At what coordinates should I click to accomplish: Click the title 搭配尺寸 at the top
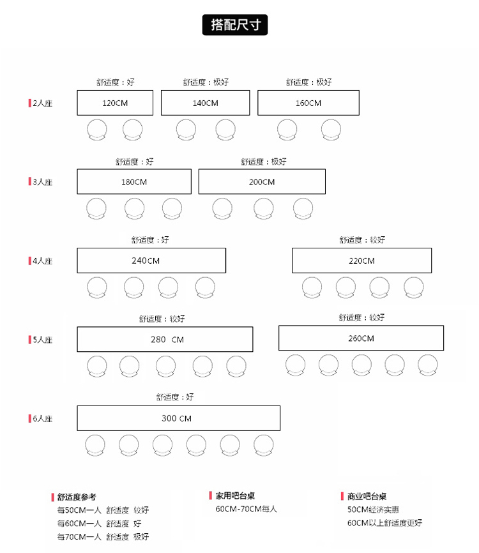(235, 25)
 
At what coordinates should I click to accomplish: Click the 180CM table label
(134, 182)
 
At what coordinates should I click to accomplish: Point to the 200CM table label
(262, 182)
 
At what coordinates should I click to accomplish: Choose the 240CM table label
(146, 261)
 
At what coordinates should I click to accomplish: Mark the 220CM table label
(361, 261)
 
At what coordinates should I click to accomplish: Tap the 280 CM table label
(167, 340)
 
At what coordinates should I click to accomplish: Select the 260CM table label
(361, 338)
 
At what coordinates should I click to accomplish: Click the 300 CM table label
(176, 419)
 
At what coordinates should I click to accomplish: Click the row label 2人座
(42, 103)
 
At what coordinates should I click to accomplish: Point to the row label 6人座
(42, 419)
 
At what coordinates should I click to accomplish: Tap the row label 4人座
(42, 261)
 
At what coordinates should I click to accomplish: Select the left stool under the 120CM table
(97, 120)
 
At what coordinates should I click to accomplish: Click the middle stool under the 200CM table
(264, 199)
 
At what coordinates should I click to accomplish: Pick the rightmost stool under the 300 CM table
(264, 436)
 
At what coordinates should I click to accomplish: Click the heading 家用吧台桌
(235, 496)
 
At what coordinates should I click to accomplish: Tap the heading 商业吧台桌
(367, 497)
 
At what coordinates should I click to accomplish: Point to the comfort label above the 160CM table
(308, 82)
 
